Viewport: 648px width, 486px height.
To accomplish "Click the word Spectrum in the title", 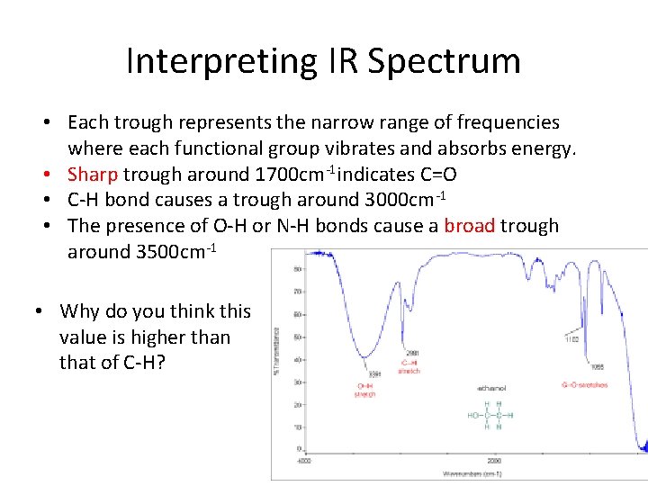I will point(444,61).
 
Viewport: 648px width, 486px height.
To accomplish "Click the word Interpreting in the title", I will point(220,61).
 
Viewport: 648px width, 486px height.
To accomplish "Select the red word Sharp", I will point(93,174).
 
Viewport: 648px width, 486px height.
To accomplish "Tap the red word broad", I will point(469,226).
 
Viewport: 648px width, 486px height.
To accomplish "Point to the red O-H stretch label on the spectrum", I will point(365,390).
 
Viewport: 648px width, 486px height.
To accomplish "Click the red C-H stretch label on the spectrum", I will point(410,366).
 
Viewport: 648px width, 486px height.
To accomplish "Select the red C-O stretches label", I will point(584,385).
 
